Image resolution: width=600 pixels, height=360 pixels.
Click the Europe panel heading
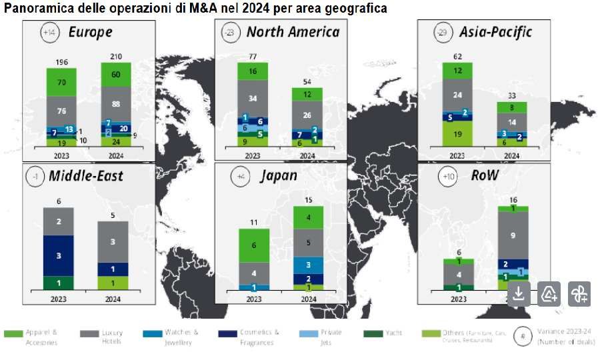click(90, 32)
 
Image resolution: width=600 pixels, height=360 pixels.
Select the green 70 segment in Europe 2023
click(61, 83)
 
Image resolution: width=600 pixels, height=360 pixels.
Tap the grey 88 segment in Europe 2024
click(115, 103)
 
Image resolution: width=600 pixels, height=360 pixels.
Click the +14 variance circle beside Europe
click(49, 33)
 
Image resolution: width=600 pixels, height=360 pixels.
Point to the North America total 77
click(252, 57)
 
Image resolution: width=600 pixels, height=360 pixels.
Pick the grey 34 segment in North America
click(252, 98)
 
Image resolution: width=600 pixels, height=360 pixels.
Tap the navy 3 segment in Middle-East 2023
click(59, 255)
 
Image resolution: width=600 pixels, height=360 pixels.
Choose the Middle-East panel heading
click(94, 177)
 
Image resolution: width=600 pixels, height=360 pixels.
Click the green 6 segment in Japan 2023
click(254, 245)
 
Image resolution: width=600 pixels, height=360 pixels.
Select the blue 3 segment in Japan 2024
click(309, 265)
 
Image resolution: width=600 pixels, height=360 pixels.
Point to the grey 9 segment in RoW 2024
click(512, 235)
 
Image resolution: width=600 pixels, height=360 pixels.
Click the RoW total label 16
click(512, 200)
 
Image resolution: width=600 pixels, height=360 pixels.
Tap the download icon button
click(519, 293)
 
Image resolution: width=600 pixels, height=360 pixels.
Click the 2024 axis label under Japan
click(309, 299)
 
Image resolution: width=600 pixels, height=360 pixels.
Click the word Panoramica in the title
click(33, 9)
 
